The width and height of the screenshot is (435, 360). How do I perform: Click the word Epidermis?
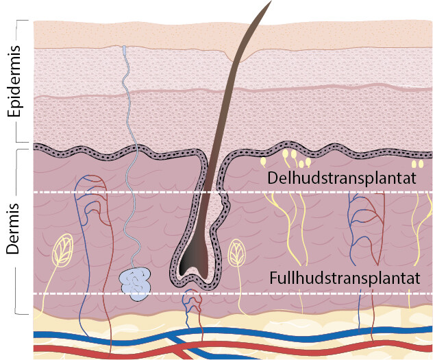pyautogui.click(x=12, y=83)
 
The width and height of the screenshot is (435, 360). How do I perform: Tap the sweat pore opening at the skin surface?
pyautogui.click(x=124, y=50)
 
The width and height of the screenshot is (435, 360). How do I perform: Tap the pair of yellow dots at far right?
pyautogui.click(x=417, y=165)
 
